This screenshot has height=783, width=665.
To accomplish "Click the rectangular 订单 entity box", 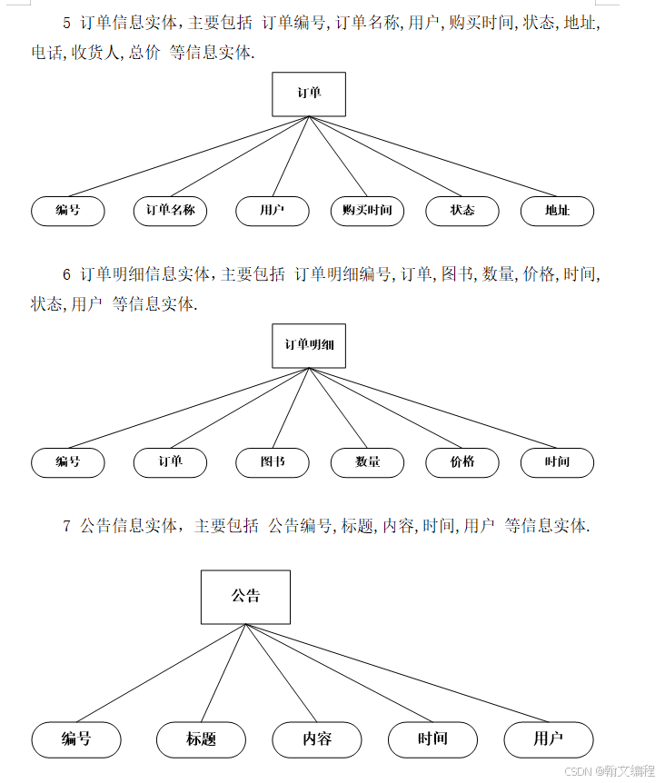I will coord(309,94).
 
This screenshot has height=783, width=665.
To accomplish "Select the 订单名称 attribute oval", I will coord(170,211).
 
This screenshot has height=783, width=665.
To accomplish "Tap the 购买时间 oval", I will coord(367,211).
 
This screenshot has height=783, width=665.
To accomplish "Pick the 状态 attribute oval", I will coord(462,211).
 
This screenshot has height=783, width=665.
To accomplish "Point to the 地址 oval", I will coord(557,211).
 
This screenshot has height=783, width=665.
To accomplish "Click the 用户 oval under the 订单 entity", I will coord(272,211).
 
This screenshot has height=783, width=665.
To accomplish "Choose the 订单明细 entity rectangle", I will coord(309,345).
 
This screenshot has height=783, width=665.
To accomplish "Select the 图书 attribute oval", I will coord(272,462).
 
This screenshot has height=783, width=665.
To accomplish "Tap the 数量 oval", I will coord(367,462).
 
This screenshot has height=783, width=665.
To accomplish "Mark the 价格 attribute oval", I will coord(462,462).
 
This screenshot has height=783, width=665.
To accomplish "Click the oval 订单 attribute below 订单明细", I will coord(170,462).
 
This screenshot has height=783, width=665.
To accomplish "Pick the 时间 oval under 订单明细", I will coord(557,462).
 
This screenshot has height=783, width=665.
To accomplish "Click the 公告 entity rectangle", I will coord(245,597).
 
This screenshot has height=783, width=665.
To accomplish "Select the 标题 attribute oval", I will coord(201,739).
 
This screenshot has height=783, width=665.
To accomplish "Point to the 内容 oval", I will coord(317,739).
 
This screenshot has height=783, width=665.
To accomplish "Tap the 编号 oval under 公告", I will coord(76,739).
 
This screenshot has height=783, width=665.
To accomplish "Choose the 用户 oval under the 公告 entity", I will coord(549,739).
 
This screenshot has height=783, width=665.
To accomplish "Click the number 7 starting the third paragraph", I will coord(67,526).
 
